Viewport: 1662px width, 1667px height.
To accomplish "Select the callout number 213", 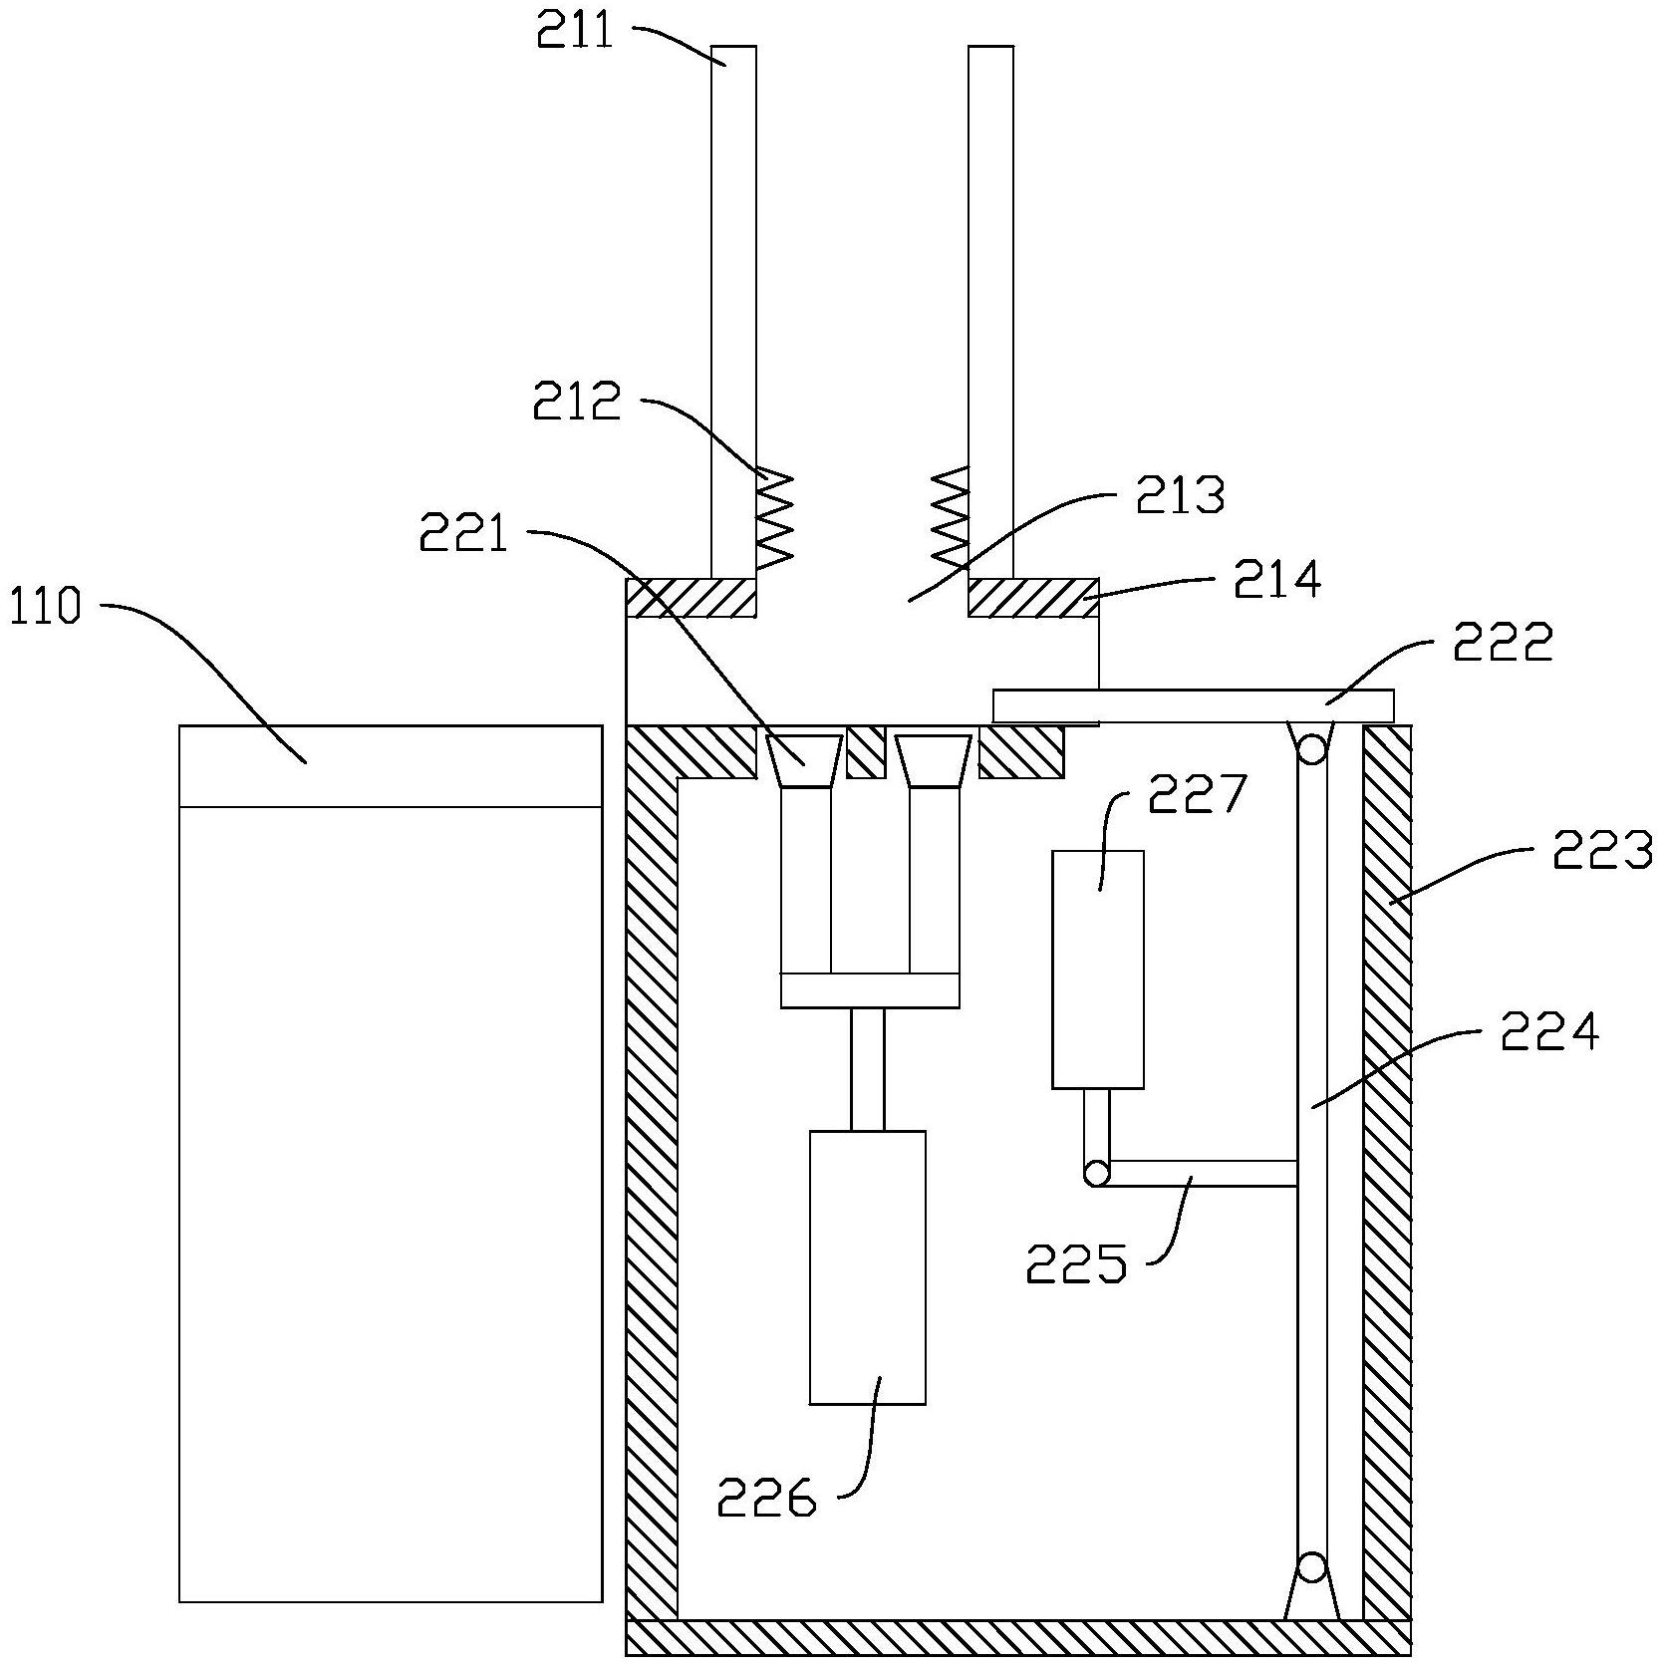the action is tap(1181, 494).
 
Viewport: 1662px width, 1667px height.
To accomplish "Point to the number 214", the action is tap(1278, 579).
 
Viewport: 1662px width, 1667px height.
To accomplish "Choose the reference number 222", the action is tap(1503, 643).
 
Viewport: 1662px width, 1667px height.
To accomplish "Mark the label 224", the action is tap(1549, 1031).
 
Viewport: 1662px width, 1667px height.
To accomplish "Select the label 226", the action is tap(767, 1498).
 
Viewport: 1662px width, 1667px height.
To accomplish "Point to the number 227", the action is tap(1197, 794).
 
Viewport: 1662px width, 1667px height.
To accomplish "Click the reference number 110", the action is tap(45, 607).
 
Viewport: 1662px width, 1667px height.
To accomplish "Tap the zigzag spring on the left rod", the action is tap(774, 518).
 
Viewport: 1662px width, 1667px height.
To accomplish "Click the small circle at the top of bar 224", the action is tap(1313, 748).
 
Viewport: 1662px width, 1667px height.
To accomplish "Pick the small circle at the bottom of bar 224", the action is tap(1313, 1567).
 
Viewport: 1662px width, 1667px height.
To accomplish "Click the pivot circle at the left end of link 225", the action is tap(1096, 1173).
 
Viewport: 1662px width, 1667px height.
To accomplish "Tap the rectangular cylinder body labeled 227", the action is tap(1098, 969).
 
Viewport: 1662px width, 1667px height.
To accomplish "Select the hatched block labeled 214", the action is tap(1033, 597).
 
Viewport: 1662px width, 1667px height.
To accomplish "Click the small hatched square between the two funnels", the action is tap(866, 751).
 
